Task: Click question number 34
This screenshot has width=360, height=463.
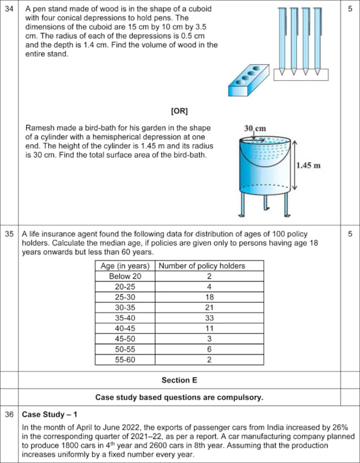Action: click(9, 9)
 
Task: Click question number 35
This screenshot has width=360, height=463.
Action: click(9, 234)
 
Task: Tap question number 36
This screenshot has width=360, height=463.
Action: click(9, 414)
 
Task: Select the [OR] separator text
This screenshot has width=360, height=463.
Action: click(179, 111)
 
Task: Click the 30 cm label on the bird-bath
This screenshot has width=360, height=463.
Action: click(255, 128)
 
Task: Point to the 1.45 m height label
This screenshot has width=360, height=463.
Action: click(309, 165)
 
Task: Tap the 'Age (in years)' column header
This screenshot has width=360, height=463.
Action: click(125, 266)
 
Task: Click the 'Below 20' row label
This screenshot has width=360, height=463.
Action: click(125, 276)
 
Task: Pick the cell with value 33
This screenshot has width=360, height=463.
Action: click(209, 318)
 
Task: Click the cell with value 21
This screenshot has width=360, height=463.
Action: click(209, 308)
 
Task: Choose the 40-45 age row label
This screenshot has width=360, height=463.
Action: click(125, 329)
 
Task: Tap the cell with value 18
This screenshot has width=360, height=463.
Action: click(209, 297)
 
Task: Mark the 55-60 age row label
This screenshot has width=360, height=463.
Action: click(125, 360)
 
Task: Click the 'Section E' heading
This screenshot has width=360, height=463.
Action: click(179, 380)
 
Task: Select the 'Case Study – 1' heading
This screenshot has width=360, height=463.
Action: click(43, 414)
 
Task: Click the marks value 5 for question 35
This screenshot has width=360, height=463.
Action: click(350, 234)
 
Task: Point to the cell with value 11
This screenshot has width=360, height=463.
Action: click(209, 329)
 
